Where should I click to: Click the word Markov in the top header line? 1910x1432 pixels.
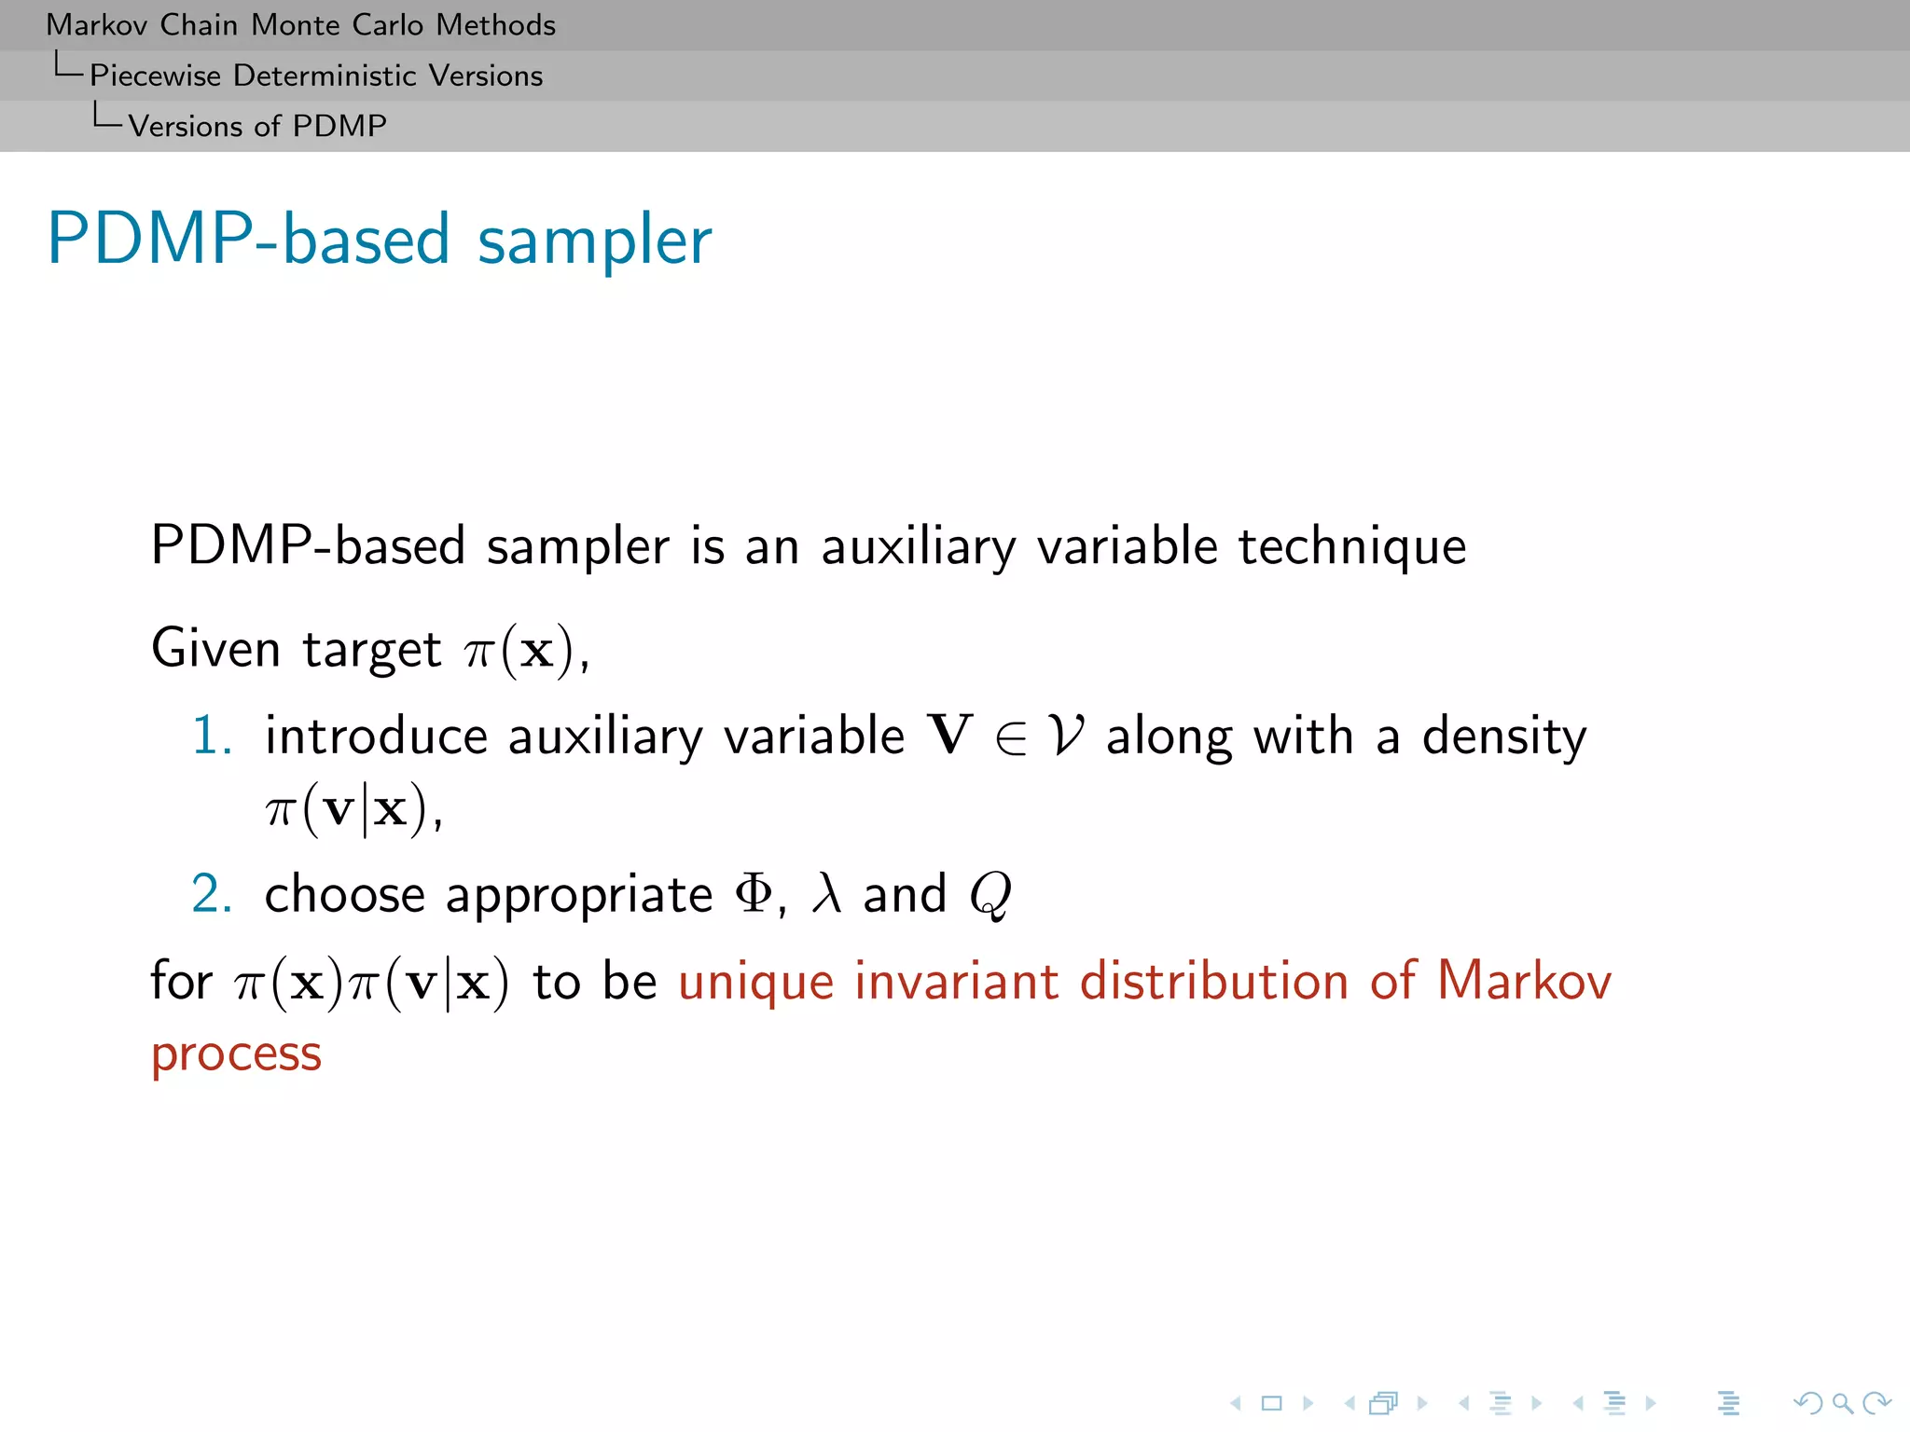(x=97, y=25)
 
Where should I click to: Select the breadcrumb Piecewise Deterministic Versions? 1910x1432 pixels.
(x=315, y=76)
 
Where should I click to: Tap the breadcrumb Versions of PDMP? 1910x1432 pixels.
(x=256, y=126)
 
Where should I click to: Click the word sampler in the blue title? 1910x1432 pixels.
(x=594, y=241)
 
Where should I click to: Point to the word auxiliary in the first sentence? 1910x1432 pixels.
(x=918, y=547)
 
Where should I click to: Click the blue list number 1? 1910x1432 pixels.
(x=211, y=736)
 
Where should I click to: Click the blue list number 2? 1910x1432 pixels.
(x=211, y=894)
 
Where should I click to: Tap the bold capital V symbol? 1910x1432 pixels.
(x=949, y=736)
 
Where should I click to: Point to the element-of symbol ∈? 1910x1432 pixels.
(x=1011, y=739)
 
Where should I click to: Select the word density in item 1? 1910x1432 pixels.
(x=1503, y=737)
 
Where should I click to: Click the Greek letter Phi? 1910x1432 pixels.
(x=754, y=894)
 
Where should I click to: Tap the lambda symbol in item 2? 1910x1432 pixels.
(x=826, y=894)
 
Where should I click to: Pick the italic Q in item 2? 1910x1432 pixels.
(x=990, y=896)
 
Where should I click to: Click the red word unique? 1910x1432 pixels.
(x=755, y=984)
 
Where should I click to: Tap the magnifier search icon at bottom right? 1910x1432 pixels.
(x=1842, y=1403)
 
